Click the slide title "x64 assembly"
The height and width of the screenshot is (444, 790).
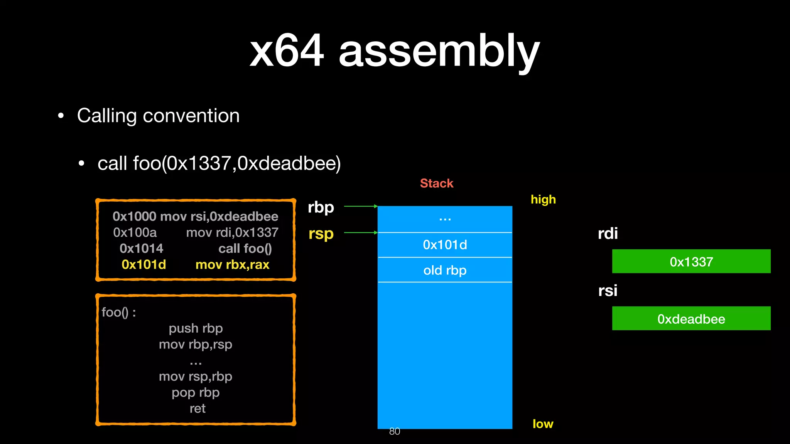394,51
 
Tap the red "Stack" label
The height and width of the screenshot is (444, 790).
436,183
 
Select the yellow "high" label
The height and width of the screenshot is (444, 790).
543,200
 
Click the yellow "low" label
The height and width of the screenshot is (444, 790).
543,424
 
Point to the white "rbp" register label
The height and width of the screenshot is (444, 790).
321,207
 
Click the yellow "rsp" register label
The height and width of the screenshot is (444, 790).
321,234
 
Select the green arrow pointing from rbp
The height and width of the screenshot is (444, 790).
360,207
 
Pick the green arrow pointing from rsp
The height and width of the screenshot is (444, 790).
360,233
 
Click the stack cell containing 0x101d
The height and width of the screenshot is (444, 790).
445,245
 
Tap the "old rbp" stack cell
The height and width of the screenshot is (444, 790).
445,270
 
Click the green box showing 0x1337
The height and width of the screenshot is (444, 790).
691,262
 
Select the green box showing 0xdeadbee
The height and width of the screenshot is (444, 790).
691,319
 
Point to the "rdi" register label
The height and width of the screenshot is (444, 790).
608,234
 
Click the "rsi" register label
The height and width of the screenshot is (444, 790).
608,291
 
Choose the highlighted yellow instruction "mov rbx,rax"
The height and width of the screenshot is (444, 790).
232,265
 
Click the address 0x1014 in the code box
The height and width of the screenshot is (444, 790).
141,249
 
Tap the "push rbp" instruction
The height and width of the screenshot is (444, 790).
196,328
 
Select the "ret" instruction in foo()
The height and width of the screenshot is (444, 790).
197,409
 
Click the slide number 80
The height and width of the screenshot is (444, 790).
395,431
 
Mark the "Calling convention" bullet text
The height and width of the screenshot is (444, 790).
158,116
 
